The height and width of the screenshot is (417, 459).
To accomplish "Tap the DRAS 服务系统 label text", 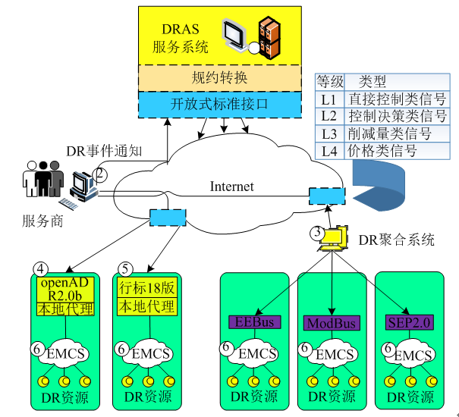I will point(181,38).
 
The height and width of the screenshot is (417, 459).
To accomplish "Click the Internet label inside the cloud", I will point(231,187).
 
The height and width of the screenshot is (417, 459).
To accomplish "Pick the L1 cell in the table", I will point(328,99).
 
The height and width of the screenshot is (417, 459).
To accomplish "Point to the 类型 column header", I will point(373,82).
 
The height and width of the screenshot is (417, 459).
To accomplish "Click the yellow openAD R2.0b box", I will point(65,289).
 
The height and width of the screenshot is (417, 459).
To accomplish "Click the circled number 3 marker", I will point(319,234).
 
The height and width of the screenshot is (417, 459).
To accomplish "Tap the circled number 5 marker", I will point(125,268).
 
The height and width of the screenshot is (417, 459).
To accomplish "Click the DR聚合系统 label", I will point(396,240).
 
